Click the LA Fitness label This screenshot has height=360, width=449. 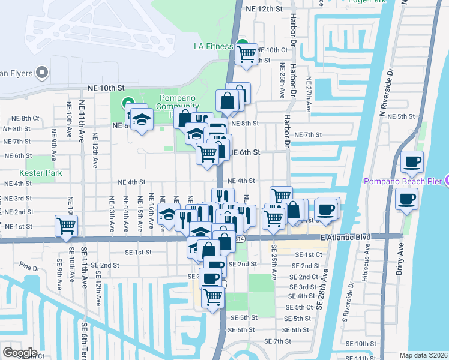click(212, 46)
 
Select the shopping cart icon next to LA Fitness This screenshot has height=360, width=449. click(247, 54)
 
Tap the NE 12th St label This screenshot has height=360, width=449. click(264, 9)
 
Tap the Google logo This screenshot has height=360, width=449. click(20, 352)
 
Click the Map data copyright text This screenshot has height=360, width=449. click(424, 355)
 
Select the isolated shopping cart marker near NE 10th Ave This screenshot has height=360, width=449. click(65, 226)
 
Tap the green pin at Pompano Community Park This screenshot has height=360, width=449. click(128, 103)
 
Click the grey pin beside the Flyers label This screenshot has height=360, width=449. click(41, 73)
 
